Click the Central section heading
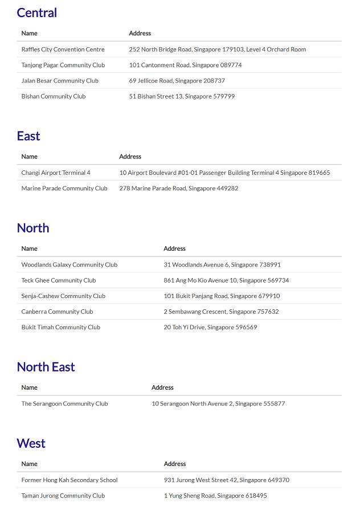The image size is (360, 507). pos(37,13)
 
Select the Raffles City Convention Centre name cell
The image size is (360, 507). pos(63,50)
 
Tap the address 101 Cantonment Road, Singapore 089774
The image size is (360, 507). pos(185,65)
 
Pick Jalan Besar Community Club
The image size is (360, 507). pos(60,81)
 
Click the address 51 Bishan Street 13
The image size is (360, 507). pos(182,96)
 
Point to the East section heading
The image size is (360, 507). pos(28,136)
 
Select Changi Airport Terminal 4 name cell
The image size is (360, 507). pos(56,173)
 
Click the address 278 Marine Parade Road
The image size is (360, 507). pos(178,188)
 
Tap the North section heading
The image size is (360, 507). pos(33,228)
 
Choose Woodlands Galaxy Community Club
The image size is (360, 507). pos(69,265)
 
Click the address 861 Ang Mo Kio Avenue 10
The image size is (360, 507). pos(226,280)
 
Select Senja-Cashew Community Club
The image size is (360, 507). pos(63,296)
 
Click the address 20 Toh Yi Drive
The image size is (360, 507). pos(210,328)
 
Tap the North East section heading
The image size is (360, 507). pos(46,367)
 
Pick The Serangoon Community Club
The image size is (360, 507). pos(64,404)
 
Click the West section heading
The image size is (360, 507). pos(31,443)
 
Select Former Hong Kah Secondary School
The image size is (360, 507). pos(69,480)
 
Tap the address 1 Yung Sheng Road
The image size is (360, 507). pos(215,496)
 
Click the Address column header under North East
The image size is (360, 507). pos(162,387)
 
